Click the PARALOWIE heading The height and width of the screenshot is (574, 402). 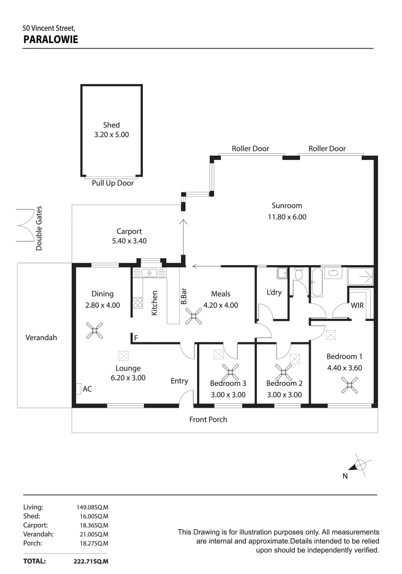coord(51,39)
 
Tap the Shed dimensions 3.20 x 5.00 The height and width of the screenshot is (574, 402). coord(111,135)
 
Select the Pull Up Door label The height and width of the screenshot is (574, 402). coord(113,183)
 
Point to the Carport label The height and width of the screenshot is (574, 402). coord(129,231)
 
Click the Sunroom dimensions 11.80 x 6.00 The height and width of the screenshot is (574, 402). coord(287,217)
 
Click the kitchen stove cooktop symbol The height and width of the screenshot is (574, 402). coord(138,302)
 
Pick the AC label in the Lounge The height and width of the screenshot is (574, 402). coord(87,389)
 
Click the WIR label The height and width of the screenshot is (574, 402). coord(357,306)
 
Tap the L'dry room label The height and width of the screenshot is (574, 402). coord(274,293)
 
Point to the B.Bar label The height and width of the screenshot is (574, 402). coord(183,295)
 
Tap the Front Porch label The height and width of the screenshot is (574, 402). coord(208,419)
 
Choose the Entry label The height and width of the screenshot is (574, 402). coord(179,381)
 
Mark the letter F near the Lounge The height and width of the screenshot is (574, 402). coord(136,338)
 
